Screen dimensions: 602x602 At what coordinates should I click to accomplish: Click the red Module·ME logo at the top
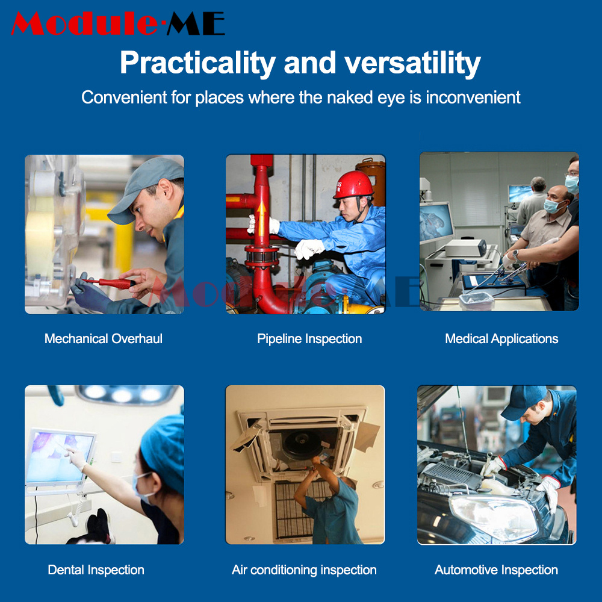pos(118,24)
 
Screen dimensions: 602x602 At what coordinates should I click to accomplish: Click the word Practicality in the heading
pos(197,63)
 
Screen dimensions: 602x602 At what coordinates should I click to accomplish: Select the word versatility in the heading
pos(412,63)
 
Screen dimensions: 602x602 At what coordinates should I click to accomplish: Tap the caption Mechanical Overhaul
pos(104,338)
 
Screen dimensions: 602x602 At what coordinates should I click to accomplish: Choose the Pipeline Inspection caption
pos(309,338)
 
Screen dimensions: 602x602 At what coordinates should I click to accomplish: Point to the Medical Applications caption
pos(501,338)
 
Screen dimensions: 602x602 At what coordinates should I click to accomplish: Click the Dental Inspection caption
pos(96,569)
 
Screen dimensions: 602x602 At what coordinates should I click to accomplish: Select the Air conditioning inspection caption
pos(304,569)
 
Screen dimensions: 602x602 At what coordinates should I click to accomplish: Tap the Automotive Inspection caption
pos(496,569)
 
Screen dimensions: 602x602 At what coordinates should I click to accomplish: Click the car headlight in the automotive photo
pos(494,517)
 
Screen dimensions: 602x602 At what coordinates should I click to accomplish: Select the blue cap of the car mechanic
pos(523,402)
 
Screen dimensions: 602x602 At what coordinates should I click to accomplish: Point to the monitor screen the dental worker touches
pos(60,457)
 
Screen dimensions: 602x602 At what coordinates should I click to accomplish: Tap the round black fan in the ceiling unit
pos(303,444)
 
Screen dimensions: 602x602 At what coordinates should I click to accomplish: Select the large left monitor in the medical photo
pos(436,223)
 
